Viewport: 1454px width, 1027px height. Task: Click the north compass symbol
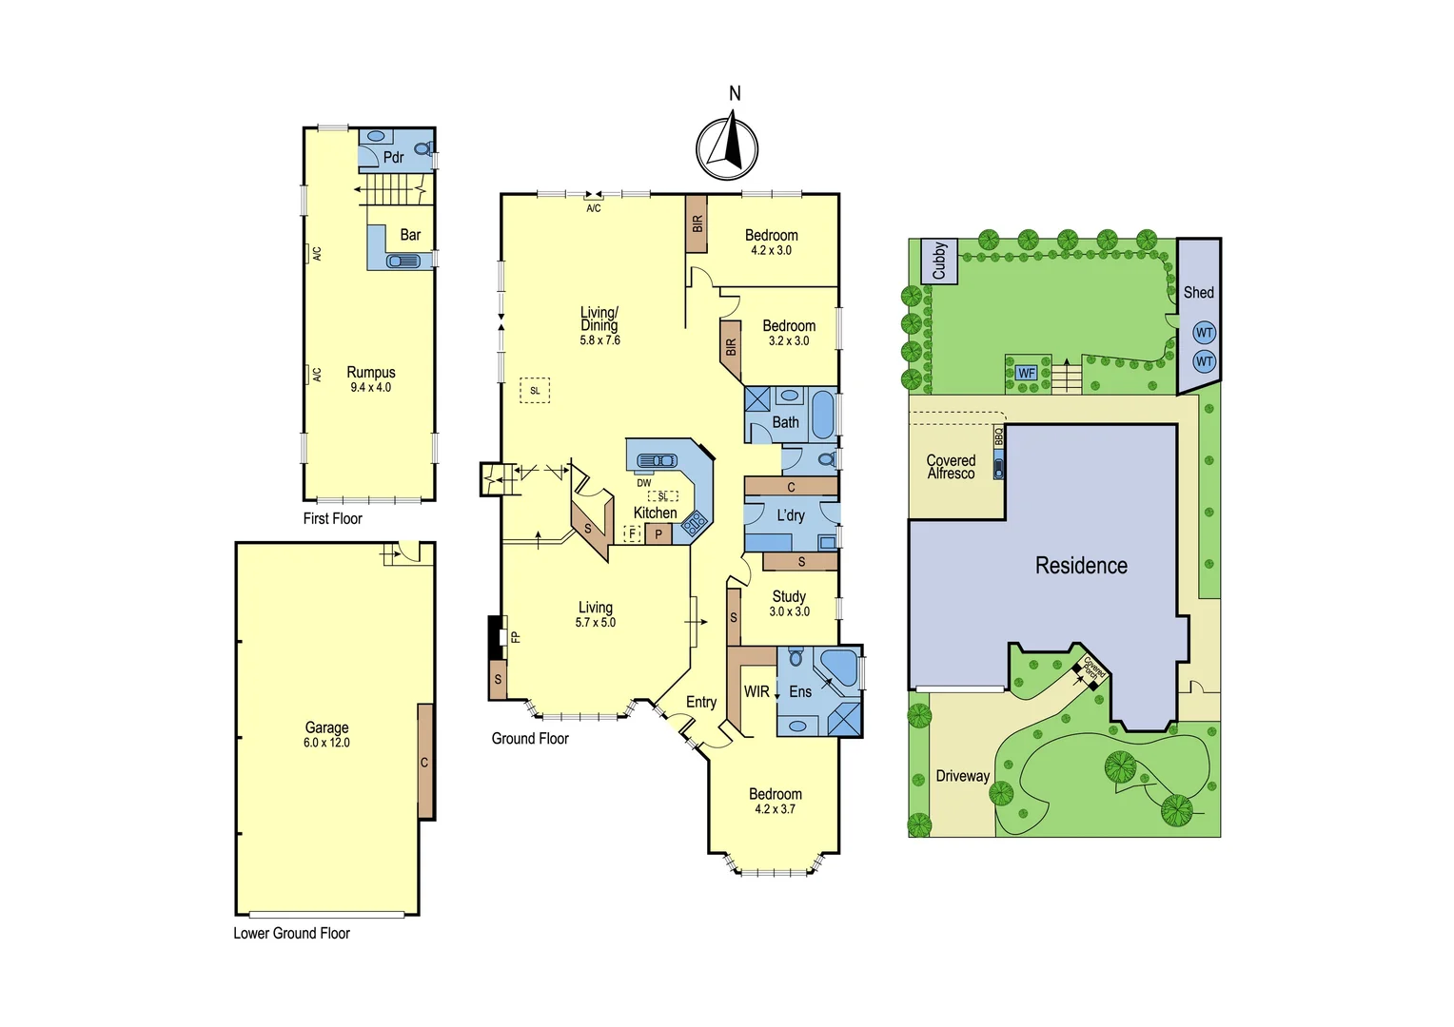click(x=727, y=148)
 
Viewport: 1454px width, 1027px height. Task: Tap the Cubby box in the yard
click(x=939, y=261)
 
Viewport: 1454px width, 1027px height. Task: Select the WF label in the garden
click(x=1026, y=373)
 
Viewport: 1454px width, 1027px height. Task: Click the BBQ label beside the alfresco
click(x=999, y=436)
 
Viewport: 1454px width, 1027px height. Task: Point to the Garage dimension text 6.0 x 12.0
click(x=326, y=743)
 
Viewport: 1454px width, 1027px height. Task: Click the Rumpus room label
click(x=370, y=373)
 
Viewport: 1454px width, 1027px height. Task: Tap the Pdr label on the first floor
click(x=394, y=157)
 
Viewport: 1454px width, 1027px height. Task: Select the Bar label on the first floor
click(x=410, y=235)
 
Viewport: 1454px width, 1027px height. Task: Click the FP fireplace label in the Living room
click(x=516, y=637)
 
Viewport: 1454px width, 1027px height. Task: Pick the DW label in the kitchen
click(x=644, y=483)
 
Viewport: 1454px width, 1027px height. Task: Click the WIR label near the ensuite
click(x=756, y=691)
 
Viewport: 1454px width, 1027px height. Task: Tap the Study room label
click(x=789, y=596)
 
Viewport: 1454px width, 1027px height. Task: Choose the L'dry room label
click(x=791, y=515)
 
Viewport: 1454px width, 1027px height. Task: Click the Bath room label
click(x=786, y=422)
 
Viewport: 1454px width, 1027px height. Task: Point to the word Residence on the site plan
click(x=1081, y=566)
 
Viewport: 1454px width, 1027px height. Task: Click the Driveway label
click(x=962, y=776)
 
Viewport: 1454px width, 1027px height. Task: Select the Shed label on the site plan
click(x=1198, y=293)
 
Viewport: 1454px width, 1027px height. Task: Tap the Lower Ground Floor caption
click(x=291, y=934)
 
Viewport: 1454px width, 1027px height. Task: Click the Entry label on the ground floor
click(x=701, y=702)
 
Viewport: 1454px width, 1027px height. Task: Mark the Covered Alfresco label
click(x=951, y=467)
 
